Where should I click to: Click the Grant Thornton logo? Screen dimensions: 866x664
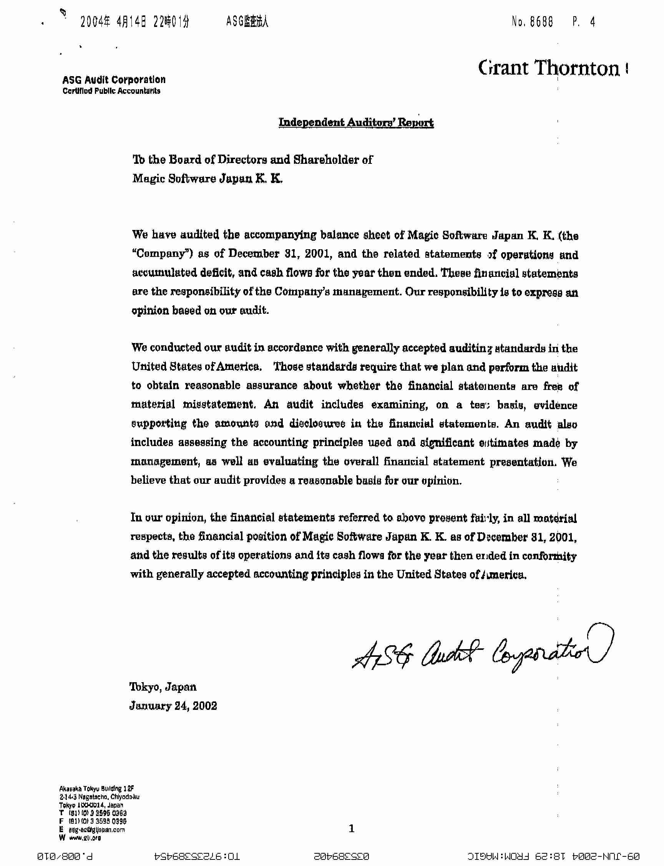click(x=549, y=68)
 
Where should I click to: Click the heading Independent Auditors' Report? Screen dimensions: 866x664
click(x=356, y=123)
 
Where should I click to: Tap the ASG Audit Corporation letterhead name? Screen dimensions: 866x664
click(x=114, y=80)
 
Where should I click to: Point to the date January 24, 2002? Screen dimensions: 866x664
click(x=173, y=706)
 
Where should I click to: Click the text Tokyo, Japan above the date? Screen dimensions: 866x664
click(x=163, y=687)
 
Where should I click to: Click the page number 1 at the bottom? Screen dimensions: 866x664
click(x=352, y=828)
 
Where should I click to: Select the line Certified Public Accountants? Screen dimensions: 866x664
click(x=111, y=92)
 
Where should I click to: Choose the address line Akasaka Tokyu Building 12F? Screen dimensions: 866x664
click(x=97, y=788)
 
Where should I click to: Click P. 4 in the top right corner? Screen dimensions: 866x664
click(x=583, y=22)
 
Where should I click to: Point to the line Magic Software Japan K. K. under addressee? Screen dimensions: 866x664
click(x=207, y=179)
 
